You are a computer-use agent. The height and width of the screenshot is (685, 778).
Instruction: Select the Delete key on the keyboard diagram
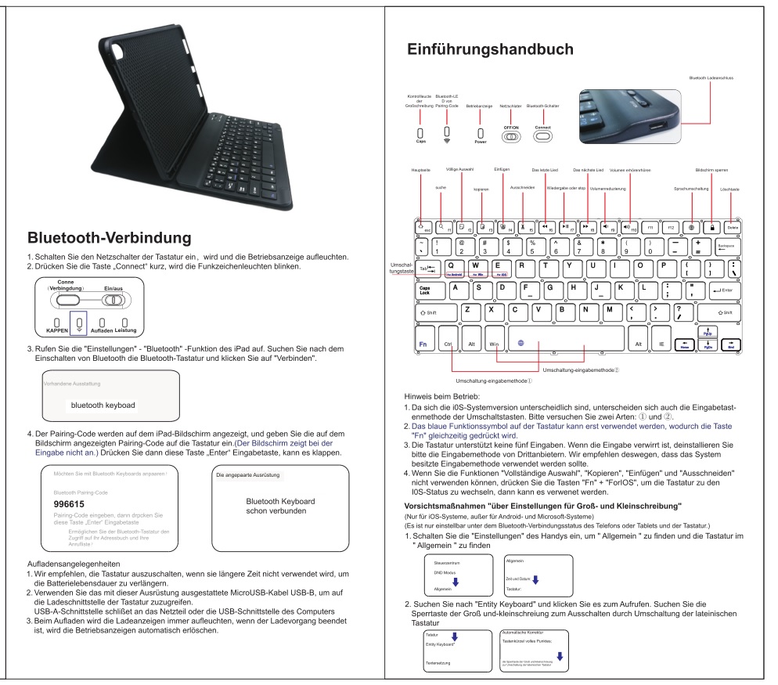(732, 226)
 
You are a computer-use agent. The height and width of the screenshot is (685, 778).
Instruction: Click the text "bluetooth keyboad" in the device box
(103, 406)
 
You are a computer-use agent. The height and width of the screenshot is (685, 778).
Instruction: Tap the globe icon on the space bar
(520, 342)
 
